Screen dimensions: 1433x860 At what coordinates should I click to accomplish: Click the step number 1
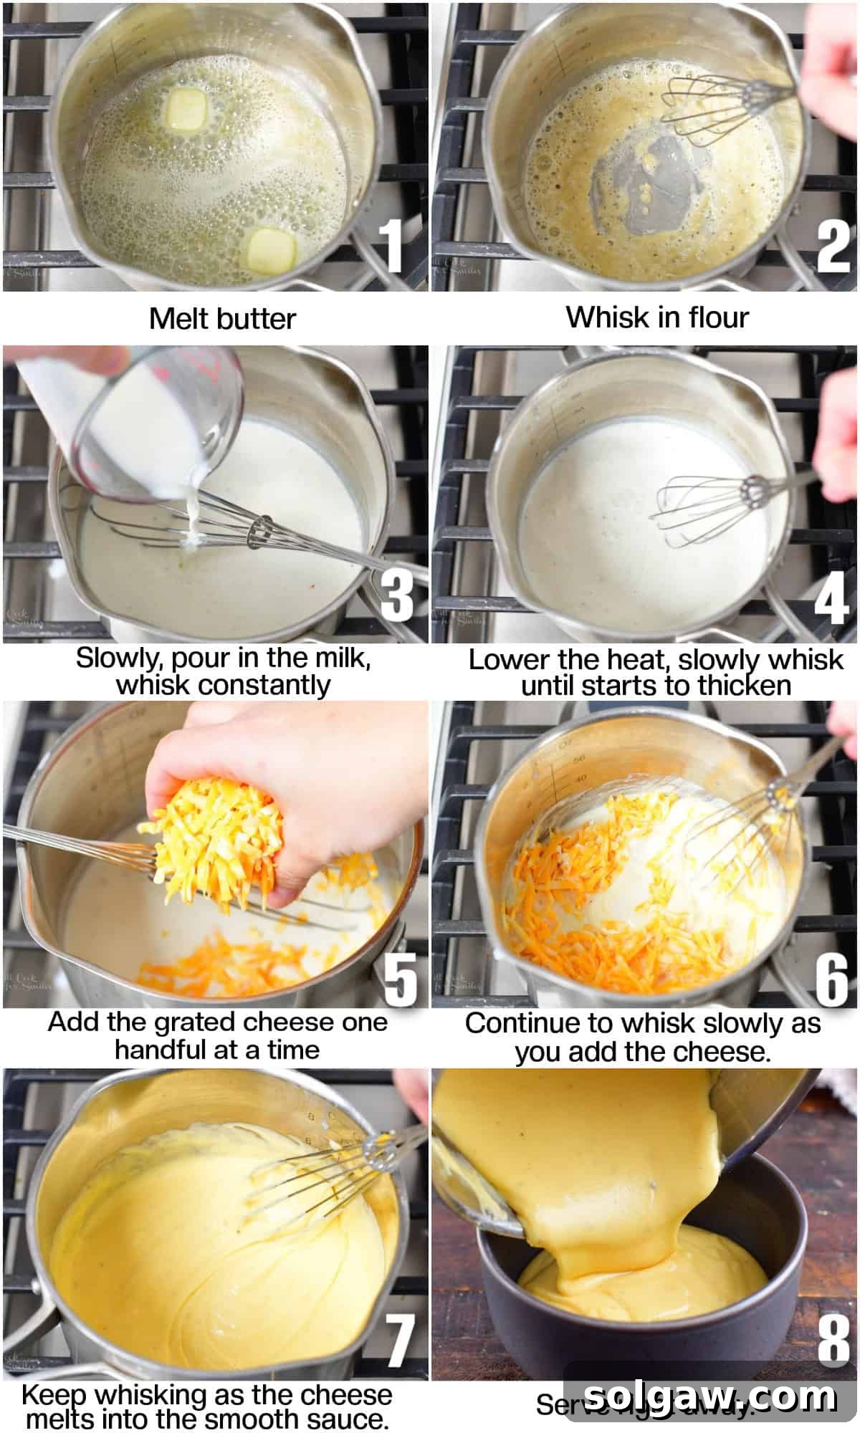(393, 246)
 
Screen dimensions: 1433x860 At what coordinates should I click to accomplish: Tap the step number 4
(831, 598)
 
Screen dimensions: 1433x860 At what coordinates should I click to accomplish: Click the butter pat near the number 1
(272, 250)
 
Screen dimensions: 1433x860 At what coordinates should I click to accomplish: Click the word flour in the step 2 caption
(717, 317)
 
